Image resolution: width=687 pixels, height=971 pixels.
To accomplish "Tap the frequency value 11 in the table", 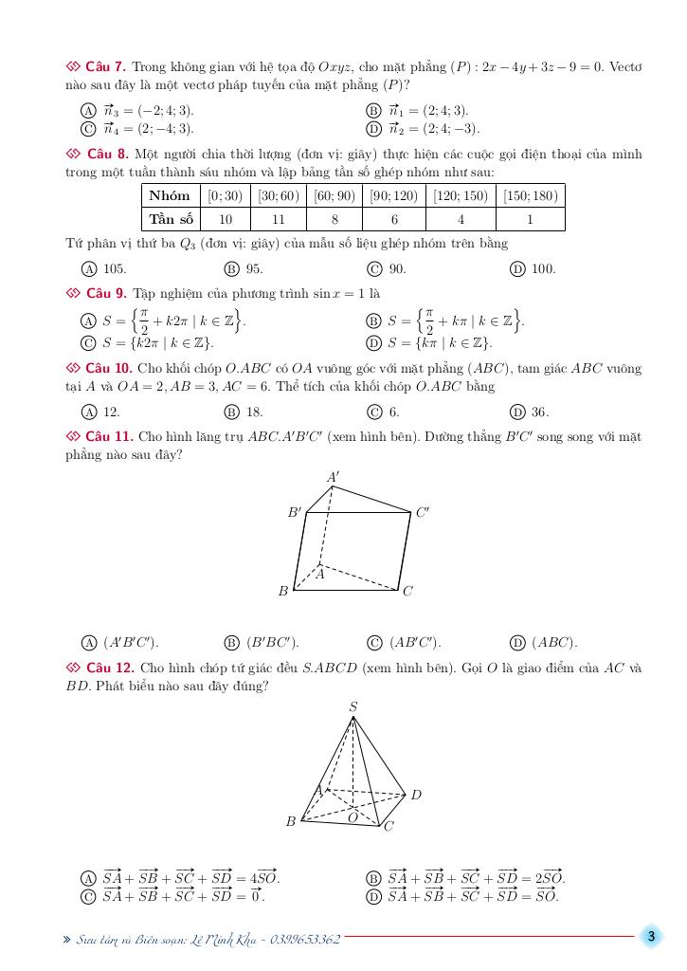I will tap(279, 219).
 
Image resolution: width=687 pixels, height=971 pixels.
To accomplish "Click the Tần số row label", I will tap(171, 219).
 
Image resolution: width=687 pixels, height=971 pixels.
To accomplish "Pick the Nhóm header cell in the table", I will tap(171, 196).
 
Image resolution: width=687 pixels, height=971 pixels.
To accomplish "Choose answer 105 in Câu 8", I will tap(115, 268).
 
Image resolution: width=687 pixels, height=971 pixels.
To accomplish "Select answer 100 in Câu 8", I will tap(542, 268).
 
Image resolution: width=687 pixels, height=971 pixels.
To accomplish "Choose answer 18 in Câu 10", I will tap(254, 412).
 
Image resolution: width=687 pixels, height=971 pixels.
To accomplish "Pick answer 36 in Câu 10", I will tap(540, 412).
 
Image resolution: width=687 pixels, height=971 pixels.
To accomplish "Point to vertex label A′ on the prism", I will tap(334, 477).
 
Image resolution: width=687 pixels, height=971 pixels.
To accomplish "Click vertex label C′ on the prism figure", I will tap(423, 512).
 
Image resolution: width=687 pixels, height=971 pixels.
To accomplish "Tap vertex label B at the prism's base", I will tap(282, 592).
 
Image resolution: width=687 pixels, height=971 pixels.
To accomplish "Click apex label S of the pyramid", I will tap(353, 706).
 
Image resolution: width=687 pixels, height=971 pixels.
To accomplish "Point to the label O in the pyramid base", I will tap(353, 817).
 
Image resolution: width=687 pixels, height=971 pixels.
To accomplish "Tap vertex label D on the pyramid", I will tap(416, 795).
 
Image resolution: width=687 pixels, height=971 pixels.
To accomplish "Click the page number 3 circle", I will tap(651, 938).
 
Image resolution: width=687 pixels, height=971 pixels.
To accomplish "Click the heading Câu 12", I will tap(108, 669).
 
